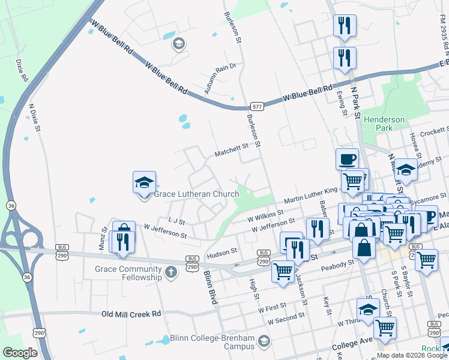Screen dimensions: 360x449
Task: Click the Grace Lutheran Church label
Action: click(x=196, y=194)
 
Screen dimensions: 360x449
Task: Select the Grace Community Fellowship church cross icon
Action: click(x=171, y=273)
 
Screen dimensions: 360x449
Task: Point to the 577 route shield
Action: click(x=258, y=106)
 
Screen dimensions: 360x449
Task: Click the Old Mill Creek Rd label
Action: click(x=131, y=314)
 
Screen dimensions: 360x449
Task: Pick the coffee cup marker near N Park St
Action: click(x=347, y=160)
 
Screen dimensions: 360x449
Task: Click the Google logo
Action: click(x=20, y=353)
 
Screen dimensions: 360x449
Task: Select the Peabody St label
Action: click(x=338, y=265)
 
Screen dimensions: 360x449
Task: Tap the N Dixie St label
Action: click(x=35, y=118)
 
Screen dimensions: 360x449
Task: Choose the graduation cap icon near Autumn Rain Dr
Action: click(x=178, y=43)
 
